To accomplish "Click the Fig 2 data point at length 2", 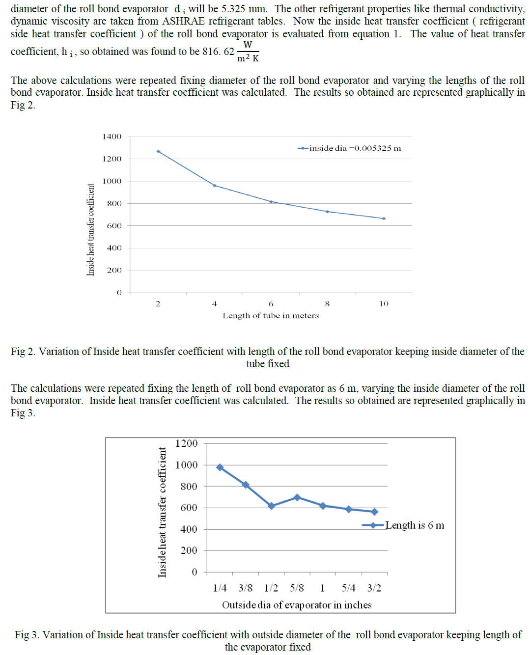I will pos(158,152).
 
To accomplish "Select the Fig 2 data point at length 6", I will pos(271,202).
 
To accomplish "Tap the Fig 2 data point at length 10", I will pos(384,218).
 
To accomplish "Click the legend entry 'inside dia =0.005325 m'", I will pos(350,148).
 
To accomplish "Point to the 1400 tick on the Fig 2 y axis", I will pos(112,136).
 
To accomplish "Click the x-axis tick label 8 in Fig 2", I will pos(327,304).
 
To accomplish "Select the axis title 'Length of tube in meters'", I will pos(271,316).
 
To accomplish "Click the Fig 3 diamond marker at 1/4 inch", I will pos(220,467).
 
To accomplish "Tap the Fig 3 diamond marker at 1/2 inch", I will pos(271,506).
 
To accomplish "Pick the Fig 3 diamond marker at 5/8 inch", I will pos(297,497).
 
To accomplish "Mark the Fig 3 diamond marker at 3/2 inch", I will pos(374,512).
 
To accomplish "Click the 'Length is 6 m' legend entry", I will pos(404,525).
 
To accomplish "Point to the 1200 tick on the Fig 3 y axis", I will pos(187,443).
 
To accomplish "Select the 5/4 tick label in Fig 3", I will pos(348,588).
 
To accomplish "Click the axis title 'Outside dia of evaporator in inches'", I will pos(297,605).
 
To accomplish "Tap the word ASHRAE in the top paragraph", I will pos(183,21).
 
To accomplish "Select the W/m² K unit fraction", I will pos(248,52).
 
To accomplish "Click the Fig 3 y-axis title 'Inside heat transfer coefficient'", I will pos(162,512).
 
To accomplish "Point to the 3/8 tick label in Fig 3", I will pos(246,588).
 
